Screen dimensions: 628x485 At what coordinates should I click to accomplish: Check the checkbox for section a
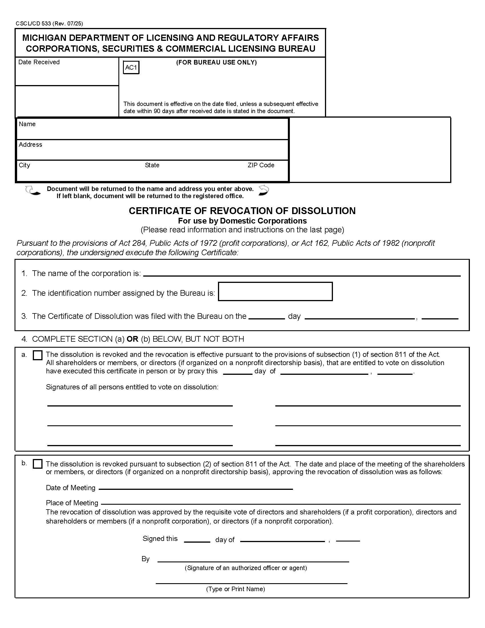[x=37, y=355]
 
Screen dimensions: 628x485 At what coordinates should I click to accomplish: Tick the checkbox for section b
[x=37, y=464]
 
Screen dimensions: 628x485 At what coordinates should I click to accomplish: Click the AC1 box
[x=131, y=68]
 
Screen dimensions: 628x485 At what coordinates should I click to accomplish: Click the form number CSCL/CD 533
[x=49, y=24]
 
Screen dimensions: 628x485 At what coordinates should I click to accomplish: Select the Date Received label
[x=39, y=62]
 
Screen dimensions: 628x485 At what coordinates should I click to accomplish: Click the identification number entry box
[x=275, y=291]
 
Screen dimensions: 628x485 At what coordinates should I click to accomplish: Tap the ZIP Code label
[x=260, y=165]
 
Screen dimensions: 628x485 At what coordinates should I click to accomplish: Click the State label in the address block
[x=152, y=165]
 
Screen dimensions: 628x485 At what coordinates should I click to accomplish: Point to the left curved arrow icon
[x=33, y=191]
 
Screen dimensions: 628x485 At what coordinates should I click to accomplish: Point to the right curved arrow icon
[x=264, y=190]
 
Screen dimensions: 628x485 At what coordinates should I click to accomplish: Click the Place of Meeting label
[x=72, y=503]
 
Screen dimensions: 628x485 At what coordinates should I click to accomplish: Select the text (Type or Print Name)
[x=235, y=589]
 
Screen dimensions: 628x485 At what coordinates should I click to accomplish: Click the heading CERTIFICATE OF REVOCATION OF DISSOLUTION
[x=242, y=211]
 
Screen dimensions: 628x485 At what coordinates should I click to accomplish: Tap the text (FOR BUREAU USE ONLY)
[x=216, y=63]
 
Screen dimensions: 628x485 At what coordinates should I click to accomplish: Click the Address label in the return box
[x=31, y=145]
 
